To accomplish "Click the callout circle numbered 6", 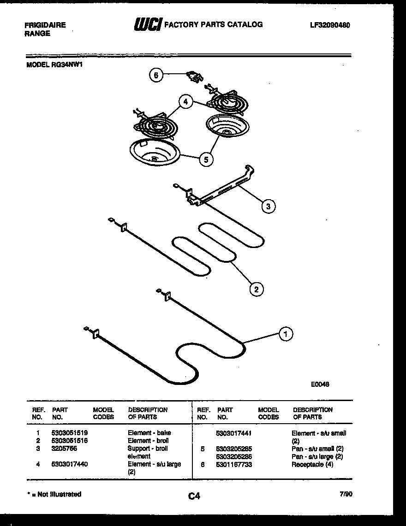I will [156, 76].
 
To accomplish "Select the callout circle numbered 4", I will [185, 102].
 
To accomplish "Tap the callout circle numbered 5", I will [206, 160].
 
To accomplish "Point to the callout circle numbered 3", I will [268, 206].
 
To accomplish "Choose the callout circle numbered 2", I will [256, 289].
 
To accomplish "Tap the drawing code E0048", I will [320, 384].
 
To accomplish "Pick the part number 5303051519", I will [70, 433].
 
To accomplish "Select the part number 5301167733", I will [234, 464].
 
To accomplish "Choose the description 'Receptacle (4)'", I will [312, 464].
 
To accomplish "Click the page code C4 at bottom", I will [194, 496].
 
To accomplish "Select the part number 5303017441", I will [234, 433].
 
